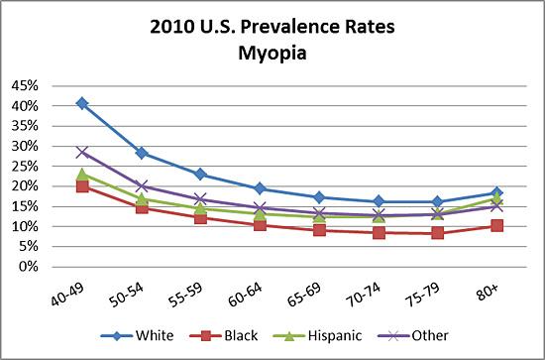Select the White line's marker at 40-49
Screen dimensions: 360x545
pos(82,103)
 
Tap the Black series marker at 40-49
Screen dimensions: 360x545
pos(82,185)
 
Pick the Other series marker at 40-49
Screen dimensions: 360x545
pos(82,153)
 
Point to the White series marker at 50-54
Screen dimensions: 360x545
pos(142,153)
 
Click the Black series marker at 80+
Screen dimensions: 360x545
pos(496,225)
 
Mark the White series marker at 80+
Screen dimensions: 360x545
pos(496,192)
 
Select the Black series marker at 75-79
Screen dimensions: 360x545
pos(437,233)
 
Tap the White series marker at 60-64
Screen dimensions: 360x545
pos(260,188)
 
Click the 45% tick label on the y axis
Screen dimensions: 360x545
pos(25,86)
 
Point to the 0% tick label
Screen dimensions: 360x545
pos(31,267)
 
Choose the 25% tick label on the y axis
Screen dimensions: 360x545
pos(25,167)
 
